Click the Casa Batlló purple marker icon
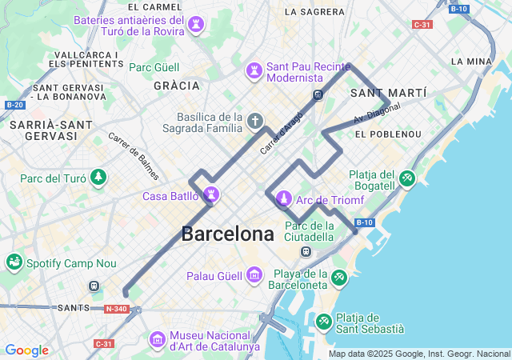pos(212,194)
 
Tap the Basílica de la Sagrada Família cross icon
pos(254,122)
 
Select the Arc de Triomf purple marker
pos(282,198)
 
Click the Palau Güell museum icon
pos(254,275)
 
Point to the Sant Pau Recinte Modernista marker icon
pos(254,70)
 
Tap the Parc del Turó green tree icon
pos(98,177)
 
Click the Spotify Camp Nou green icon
pos(14,262)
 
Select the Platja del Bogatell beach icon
pos(406,178)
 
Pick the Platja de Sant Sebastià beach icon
pos(324,322)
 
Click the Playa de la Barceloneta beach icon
pos(340,277)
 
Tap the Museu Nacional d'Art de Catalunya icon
pos(156,340)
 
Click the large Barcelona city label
pos(227,234)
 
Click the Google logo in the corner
pos(26,350)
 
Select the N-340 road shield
pos(115,309)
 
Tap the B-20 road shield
pos(14,105)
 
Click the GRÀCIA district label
pos(176,85)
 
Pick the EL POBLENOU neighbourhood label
pos(388,134)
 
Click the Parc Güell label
pos(155,67)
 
